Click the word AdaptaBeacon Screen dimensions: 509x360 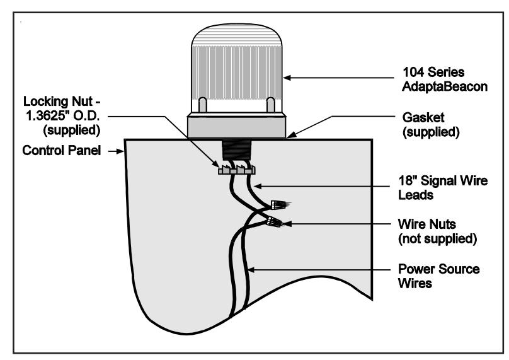pos(445,87)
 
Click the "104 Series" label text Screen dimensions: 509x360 pos(433,72)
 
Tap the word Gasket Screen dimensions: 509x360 pos(423,117)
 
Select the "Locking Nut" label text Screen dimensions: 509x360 pos(58,102)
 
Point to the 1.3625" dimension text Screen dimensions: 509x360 pos(47,116)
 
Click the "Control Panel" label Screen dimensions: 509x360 pos(61,151)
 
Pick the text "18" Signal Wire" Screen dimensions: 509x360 pos(443,181)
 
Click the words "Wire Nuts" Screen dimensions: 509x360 pos(427,224)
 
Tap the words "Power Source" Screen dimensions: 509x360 pos(439,269)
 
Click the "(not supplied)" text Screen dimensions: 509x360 pos(437,239)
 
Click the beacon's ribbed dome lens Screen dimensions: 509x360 pos(237,62)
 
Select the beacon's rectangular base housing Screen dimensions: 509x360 pos(237,127)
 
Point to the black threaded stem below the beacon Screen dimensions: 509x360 pos(237,149)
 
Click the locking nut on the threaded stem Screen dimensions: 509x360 pos(237,170)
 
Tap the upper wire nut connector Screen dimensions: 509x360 pos(279,205)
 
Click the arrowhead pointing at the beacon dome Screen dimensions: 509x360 pos(287,78)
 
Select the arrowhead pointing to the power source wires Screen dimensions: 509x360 pos(251,270)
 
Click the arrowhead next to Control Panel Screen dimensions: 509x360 pos(120,151)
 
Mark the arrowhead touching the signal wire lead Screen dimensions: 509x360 pos(258,186)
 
